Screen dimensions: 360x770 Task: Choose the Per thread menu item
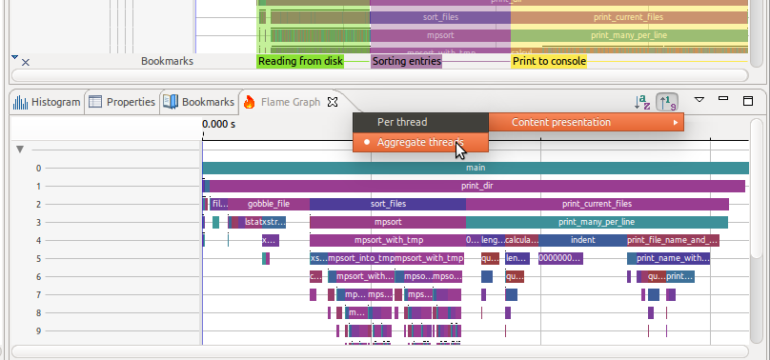[402, 122]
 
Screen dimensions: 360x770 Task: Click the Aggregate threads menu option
[419, 142]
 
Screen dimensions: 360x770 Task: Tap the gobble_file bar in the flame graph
[268, 204]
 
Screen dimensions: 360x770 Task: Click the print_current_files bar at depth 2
[597, 204]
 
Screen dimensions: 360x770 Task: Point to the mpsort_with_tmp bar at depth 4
[387, 240]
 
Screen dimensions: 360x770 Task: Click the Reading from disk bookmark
[299, 61]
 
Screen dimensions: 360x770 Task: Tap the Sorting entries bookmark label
[406, 61]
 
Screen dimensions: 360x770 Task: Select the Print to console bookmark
[549, 61]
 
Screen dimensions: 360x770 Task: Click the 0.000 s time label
[218, 124]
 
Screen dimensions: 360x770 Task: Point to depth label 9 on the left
[39, 330]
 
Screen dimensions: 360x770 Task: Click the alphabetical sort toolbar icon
[643, 101]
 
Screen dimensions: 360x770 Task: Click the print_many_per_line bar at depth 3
[597, 222]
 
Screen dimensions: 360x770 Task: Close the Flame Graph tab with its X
[333, 102]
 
